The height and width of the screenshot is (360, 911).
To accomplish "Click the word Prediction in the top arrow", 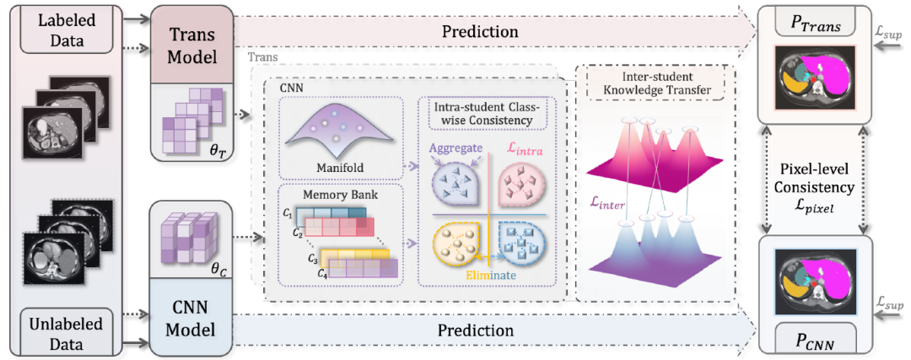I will pos(479,31).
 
